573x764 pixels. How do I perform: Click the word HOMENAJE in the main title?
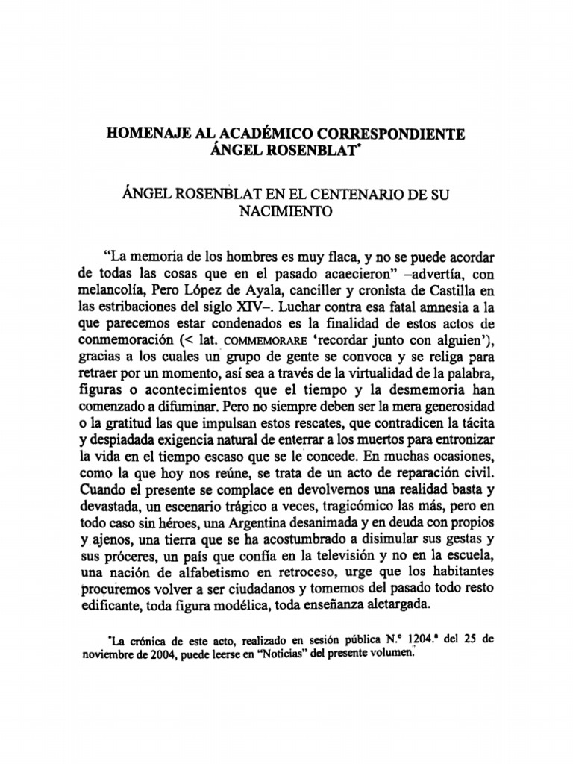click(143, 134)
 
